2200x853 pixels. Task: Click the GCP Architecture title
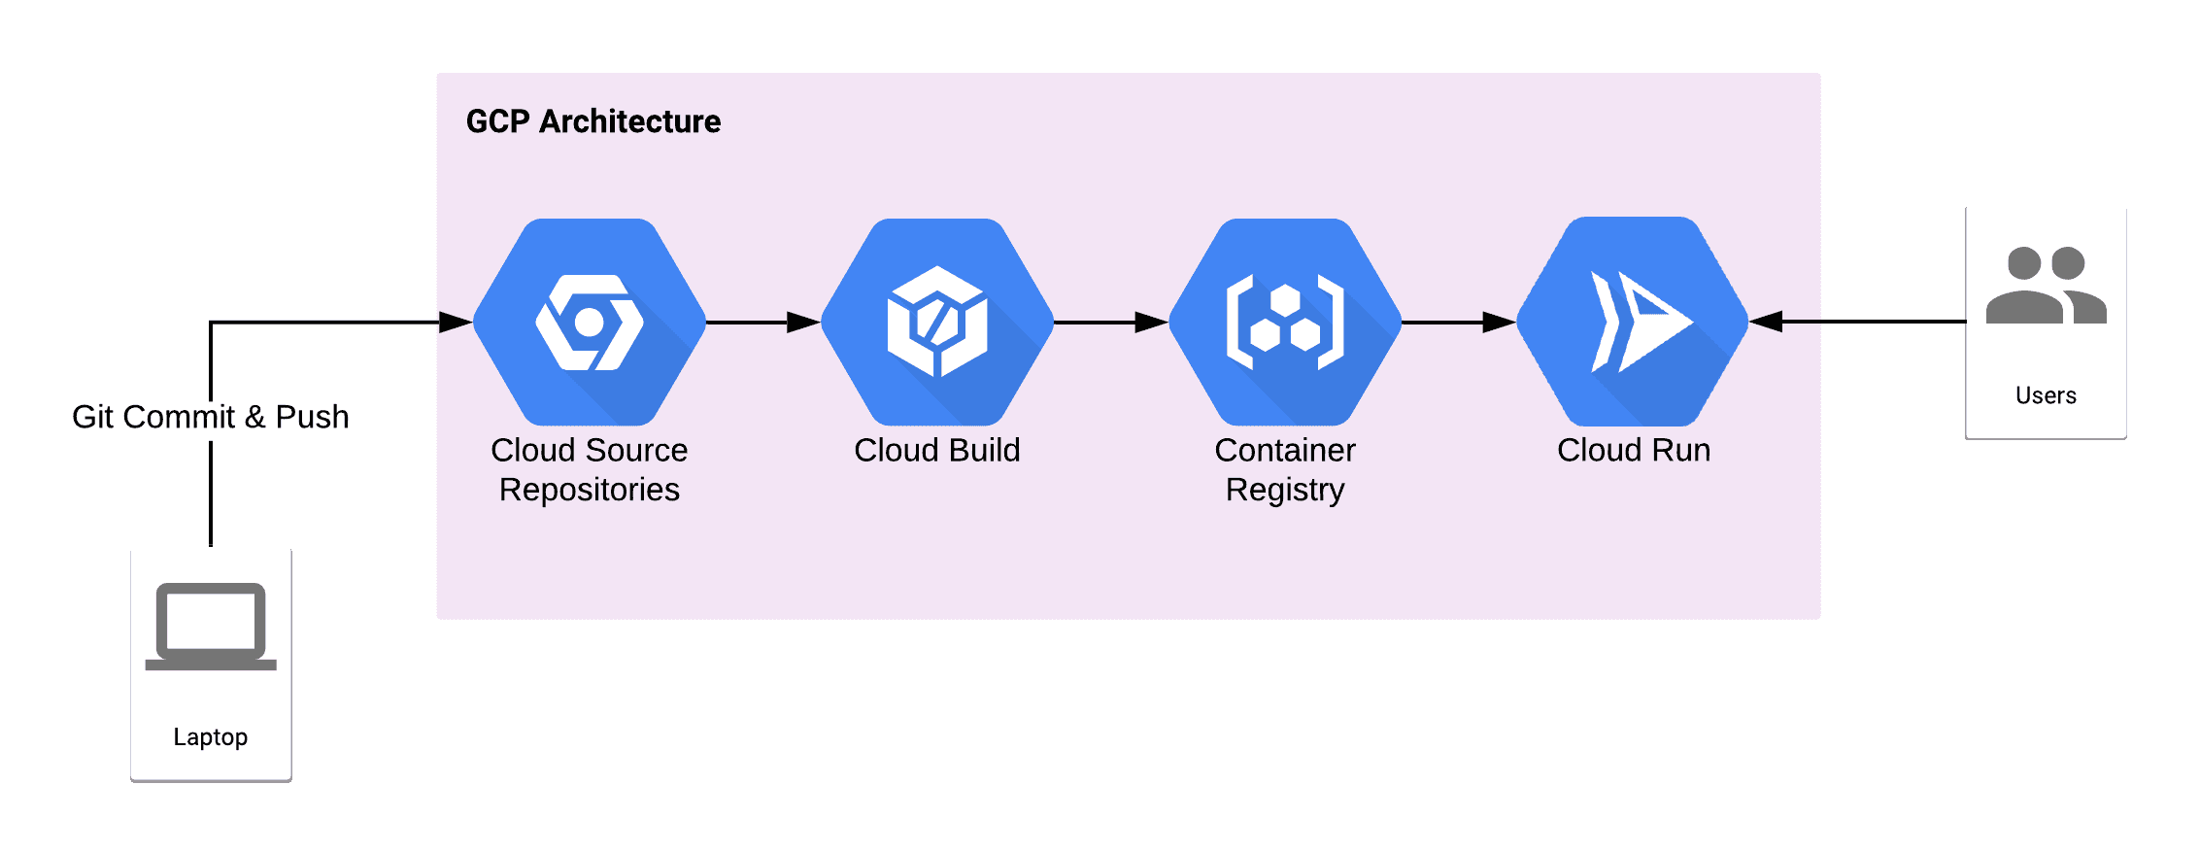[x=592, y=121]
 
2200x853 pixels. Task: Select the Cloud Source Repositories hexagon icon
[x=590, y=322]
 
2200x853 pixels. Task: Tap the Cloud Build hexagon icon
[x=937, y=322]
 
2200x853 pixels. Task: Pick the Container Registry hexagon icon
[x=1285, y=322]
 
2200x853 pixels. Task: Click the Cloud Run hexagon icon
[x=1633, y=322]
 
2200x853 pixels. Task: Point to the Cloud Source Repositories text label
[x=590, y=469]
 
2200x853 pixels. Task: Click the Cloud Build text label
[x=937, y=450]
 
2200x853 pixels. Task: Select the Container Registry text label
[x=1285, y=469]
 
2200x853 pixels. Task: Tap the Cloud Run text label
[x=1634, y=450]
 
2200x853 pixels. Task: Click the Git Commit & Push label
[x=210, y=417]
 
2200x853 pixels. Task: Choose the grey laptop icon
[x=211, y=626]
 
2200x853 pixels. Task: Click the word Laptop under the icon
[x=211, y=737]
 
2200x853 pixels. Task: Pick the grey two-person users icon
[x=2046, y=286]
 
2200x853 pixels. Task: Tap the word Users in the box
[x=2046, y=395]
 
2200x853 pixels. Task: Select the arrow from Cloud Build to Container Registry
[x=1110, y=322]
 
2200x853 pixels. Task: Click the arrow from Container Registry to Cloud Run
[x=1458, y=322]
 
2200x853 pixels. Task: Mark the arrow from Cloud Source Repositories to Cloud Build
[x=762, y=322]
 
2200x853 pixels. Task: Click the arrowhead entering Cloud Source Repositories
[x=455, y=322]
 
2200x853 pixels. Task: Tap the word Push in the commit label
[x=312, y=417]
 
